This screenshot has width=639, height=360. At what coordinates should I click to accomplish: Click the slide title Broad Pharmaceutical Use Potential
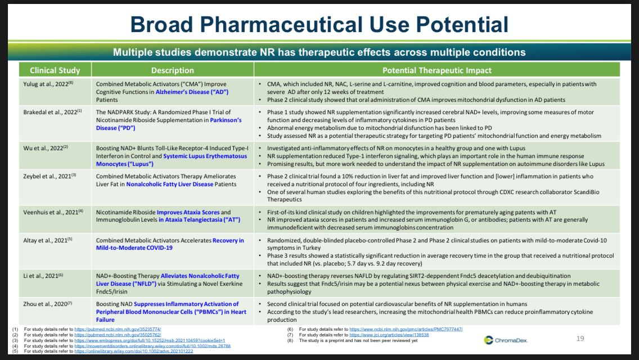319,24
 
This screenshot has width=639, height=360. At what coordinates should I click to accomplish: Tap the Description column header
173,70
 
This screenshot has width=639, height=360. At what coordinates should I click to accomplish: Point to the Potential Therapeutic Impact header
436,70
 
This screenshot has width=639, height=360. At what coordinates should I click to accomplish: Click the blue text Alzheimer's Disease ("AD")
184,92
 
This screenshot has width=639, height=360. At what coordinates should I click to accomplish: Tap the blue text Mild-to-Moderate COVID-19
134,247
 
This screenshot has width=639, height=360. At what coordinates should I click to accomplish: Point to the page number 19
580,339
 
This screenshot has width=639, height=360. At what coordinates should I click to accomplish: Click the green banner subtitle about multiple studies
319,52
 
